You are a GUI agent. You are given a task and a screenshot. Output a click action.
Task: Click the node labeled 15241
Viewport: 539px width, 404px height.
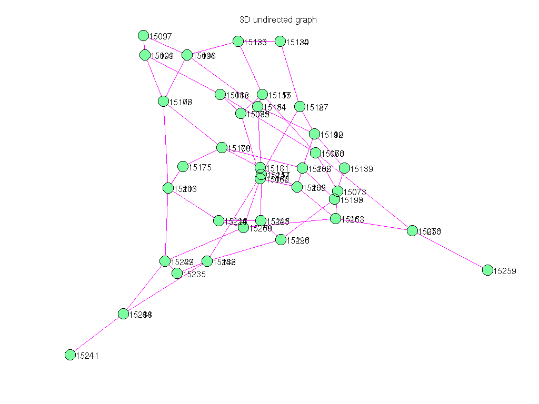[70, 355]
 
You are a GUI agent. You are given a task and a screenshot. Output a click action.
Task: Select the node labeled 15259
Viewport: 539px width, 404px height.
[487, 270]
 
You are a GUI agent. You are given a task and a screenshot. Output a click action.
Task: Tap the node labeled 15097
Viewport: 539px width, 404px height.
[143, 35]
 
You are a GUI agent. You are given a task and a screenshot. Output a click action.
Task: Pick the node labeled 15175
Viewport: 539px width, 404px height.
[183, 167]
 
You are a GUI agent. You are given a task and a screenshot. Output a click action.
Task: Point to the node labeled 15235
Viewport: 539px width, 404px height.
[177, 273]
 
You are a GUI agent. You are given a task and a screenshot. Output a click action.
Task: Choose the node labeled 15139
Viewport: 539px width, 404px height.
[344, 168]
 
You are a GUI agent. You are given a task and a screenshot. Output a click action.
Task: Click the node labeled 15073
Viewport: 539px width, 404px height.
[337, 191]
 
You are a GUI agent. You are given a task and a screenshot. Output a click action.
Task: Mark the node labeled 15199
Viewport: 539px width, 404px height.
[334, 199]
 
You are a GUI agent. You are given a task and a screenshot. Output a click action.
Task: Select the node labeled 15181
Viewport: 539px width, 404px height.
[260, 167]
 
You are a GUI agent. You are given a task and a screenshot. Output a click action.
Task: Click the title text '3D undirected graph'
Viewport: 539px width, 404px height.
[278, 20]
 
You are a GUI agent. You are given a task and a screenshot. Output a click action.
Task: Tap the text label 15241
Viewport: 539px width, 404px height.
[87, 356]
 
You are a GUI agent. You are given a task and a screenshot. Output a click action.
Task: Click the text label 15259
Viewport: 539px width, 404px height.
[505, 271]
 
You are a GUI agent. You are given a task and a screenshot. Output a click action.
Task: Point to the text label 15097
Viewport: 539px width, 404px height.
[161, 36]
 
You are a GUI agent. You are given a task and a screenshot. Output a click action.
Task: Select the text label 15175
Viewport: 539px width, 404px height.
[200, 168]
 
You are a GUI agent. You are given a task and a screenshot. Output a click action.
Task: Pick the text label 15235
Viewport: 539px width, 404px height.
[194, 274]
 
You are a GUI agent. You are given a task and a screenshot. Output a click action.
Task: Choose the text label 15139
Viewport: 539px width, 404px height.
[362, 169]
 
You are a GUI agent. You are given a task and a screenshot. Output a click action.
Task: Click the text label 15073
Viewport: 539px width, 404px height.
[355, 193]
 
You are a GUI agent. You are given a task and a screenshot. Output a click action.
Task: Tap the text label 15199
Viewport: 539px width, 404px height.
[352, 200]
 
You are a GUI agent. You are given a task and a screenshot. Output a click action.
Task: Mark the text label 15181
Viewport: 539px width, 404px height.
[277, 168]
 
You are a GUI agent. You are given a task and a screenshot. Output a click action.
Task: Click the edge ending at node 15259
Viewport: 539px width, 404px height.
[450, 250]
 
